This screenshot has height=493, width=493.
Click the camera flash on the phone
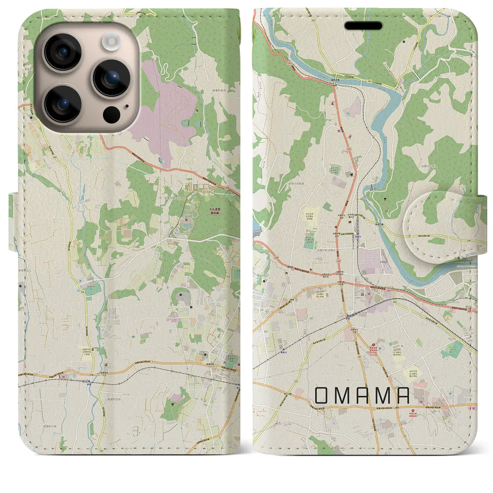pos(111,40)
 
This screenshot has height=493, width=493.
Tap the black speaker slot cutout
pos(363,26)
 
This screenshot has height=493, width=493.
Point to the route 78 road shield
pos(405,435)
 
